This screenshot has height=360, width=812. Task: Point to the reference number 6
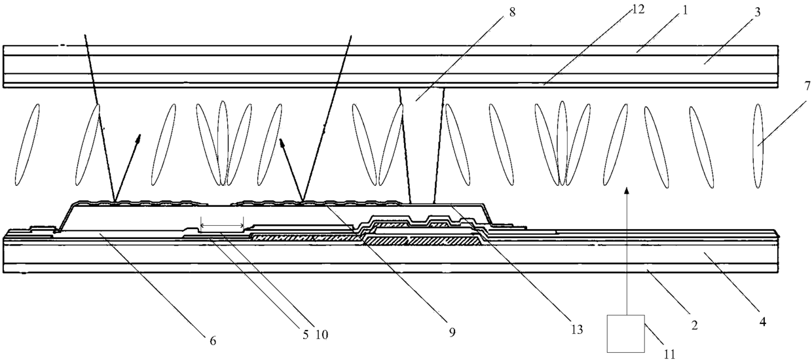tap(213, 340)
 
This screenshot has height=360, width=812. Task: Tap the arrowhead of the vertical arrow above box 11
tap(627, 189)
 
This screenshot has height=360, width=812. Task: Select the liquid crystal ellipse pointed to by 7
tap(759, 145)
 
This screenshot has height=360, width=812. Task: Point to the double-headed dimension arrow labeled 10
tap(222, 226)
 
